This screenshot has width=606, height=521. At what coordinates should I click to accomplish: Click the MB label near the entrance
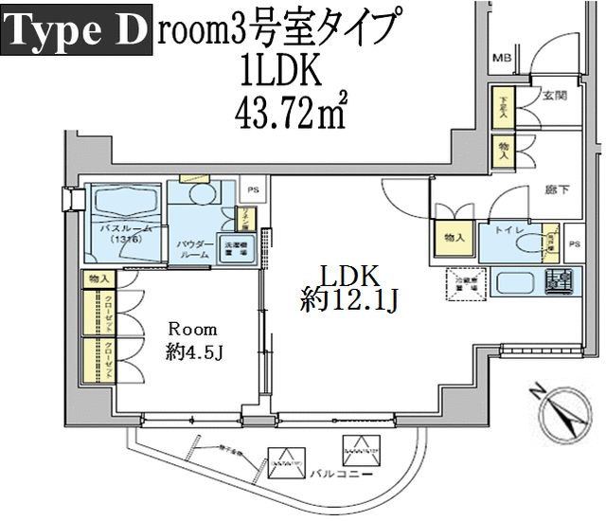point(500,58)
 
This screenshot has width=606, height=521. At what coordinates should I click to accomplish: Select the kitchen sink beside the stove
point(515,283)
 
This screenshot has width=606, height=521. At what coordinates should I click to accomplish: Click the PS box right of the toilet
point(574,244)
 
